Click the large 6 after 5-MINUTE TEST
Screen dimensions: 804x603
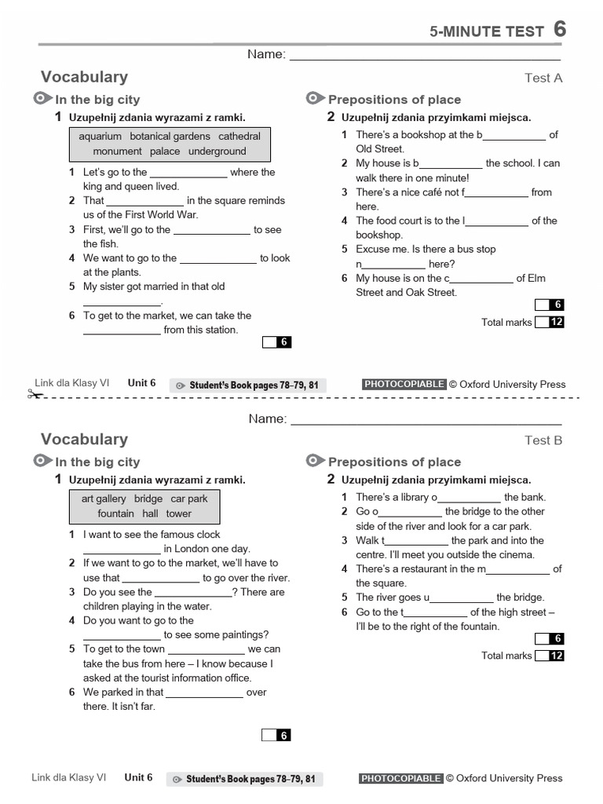[559, 29]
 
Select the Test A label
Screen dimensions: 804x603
[543, 78]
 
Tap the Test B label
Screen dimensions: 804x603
[543, 440]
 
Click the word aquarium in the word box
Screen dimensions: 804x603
[100, 137]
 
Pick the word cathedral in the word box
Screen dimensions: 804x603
[239, 137]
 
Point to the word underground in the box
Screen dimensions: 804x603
[217, 152]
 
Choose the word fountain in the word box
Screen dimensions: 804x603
[115, 513]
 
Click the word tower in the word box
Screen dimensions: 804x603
[178, 513]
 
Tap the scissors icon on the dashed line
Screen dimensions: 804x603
[35, 394]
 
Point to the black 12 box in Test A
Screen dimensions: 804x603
[557, 322]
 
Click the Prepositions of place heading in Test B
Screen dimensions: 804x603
[394, 462]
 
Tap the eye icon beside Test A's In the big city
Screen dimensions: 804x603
[42, 98]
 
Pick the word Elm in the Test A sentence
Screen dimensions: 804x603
[538, 278]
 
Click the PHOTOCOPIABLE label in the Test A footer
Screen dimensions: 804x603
[404, 384]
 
